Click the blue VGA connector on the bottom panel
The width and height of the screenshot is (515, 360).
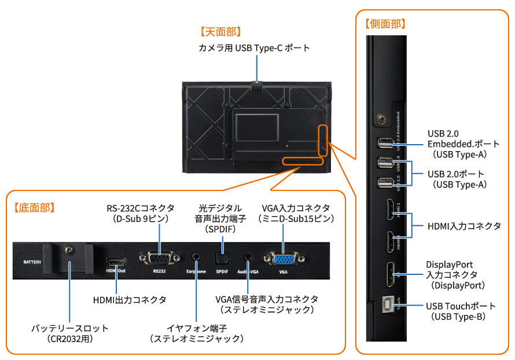point(283,259)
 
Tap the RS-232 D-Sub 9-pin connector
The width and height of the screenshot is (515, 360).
point(160,258)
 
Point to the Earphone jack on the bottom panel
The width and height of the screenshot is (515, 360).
point(197,256)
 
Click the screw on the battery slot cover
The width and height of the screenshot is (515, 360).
point(69,250)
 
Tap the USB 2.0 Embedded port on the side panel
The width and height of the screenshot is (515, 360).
point(382,143)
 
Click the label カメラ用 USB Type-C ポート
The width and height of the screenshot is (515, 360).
point(255,48)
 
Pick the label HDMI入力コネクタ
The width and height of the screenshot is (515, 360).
point(463,226)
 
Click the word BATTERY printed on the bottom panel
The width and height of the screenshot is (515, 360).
point(32,262)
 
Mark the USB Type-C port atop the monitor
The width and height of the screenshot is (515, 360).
point(257,85)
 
